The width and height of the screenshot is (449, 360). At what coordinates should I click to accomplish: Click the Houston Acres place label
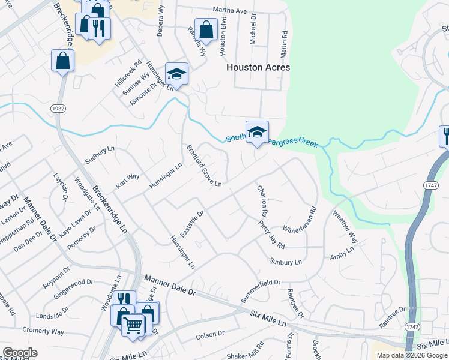258,67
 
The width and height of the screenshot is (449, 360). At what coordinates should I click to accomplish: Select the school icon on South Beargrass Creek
257,133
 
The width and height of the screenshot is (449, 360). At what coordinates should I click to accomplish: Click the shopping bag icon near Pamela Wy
206,30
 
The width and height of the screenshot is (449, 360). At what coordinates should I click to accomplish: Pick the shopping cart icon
134,326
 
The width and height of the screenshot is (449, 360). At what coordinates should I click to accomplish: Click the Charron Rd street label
262,200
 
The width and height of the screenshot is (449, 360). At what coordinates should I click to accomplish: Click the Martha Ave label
231,10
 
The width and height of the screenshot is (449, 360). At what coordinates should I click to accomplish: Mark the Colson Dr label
210,334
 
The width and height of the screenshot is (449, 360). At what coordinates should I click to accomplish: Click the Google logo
20,353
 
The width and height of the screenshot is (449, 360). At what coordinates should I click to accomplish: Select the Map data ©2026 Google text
411,355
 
